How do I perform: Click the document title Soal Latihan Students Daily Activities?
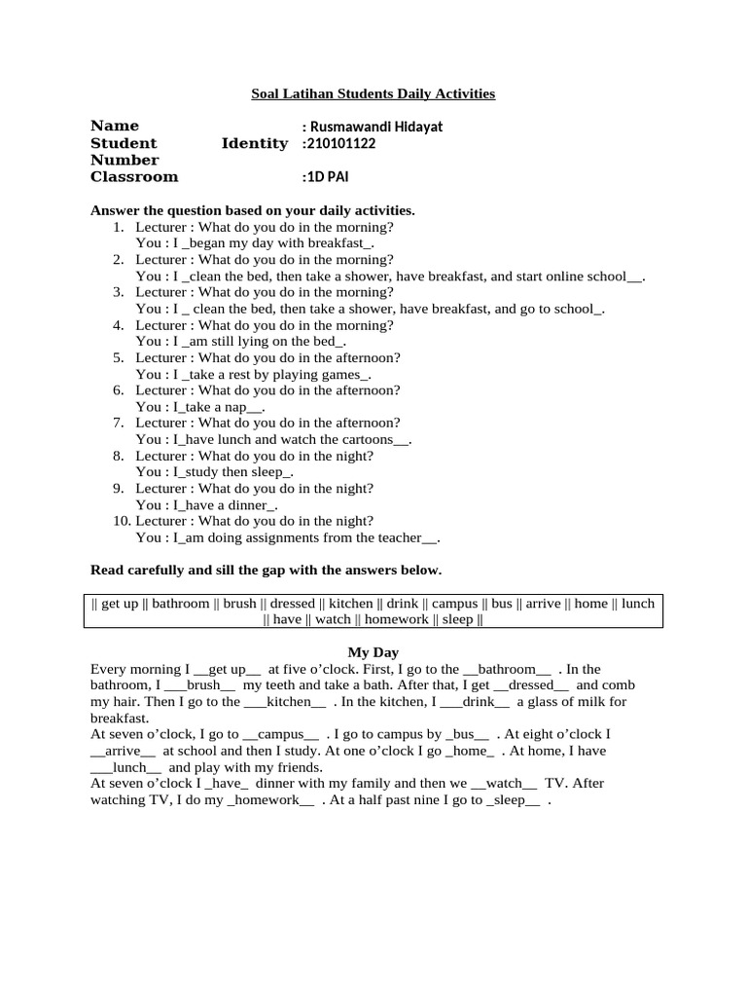pos(373,93)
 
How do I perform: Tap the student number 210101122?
pos(341,143)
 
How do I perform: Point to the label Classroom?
pos(134,177)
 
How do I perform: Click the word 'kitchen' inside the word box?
pos(350,604)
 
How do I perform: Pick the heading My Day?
pos(373,652)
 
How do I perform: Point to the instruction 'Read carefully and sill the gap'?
pos(266,570)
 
